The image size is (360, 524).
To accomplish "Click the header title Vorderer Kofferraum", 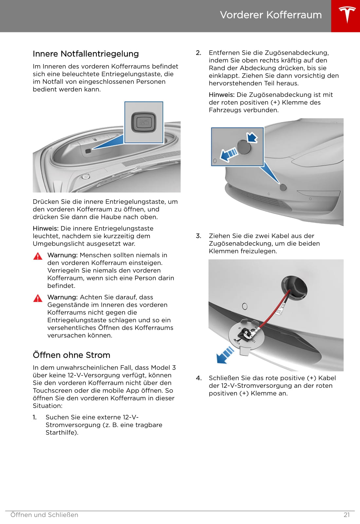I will [271, 15].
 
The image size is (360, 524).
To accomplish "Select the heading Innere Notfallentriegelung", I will [86, 54].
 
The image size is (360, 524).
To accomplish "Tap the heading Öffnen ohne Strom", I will [71, 355].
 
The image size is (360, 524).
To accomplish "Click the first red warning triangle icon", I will [38, 256].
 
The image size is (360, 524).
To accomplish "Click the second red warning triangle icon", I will [38, 298].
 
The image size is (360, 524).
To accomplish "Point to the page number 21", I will [347, 515].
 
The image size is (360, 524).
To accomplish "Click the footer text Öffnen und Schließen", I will [44, 515].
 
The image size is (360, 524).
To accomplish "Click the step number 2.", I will [198, 53].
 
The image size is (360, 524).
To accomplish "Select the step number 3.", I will [198, 236].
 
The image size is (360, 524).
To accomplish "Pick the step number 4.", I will [198, 378].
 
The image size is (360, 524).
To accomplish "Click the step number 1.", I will [34, 417].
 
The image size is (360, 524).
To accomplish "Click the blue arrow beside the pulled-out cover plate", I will [225, 355].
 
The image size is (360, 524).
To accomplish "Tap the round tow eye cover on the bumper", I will [283, 187].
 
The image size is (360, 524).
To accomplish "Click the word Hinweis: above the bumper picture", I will [222, 95].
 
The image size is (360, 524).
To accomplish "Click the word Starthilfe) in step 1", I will [62, 433].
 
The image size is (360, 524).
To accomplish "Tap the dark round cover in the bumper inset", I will [244, 147].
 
